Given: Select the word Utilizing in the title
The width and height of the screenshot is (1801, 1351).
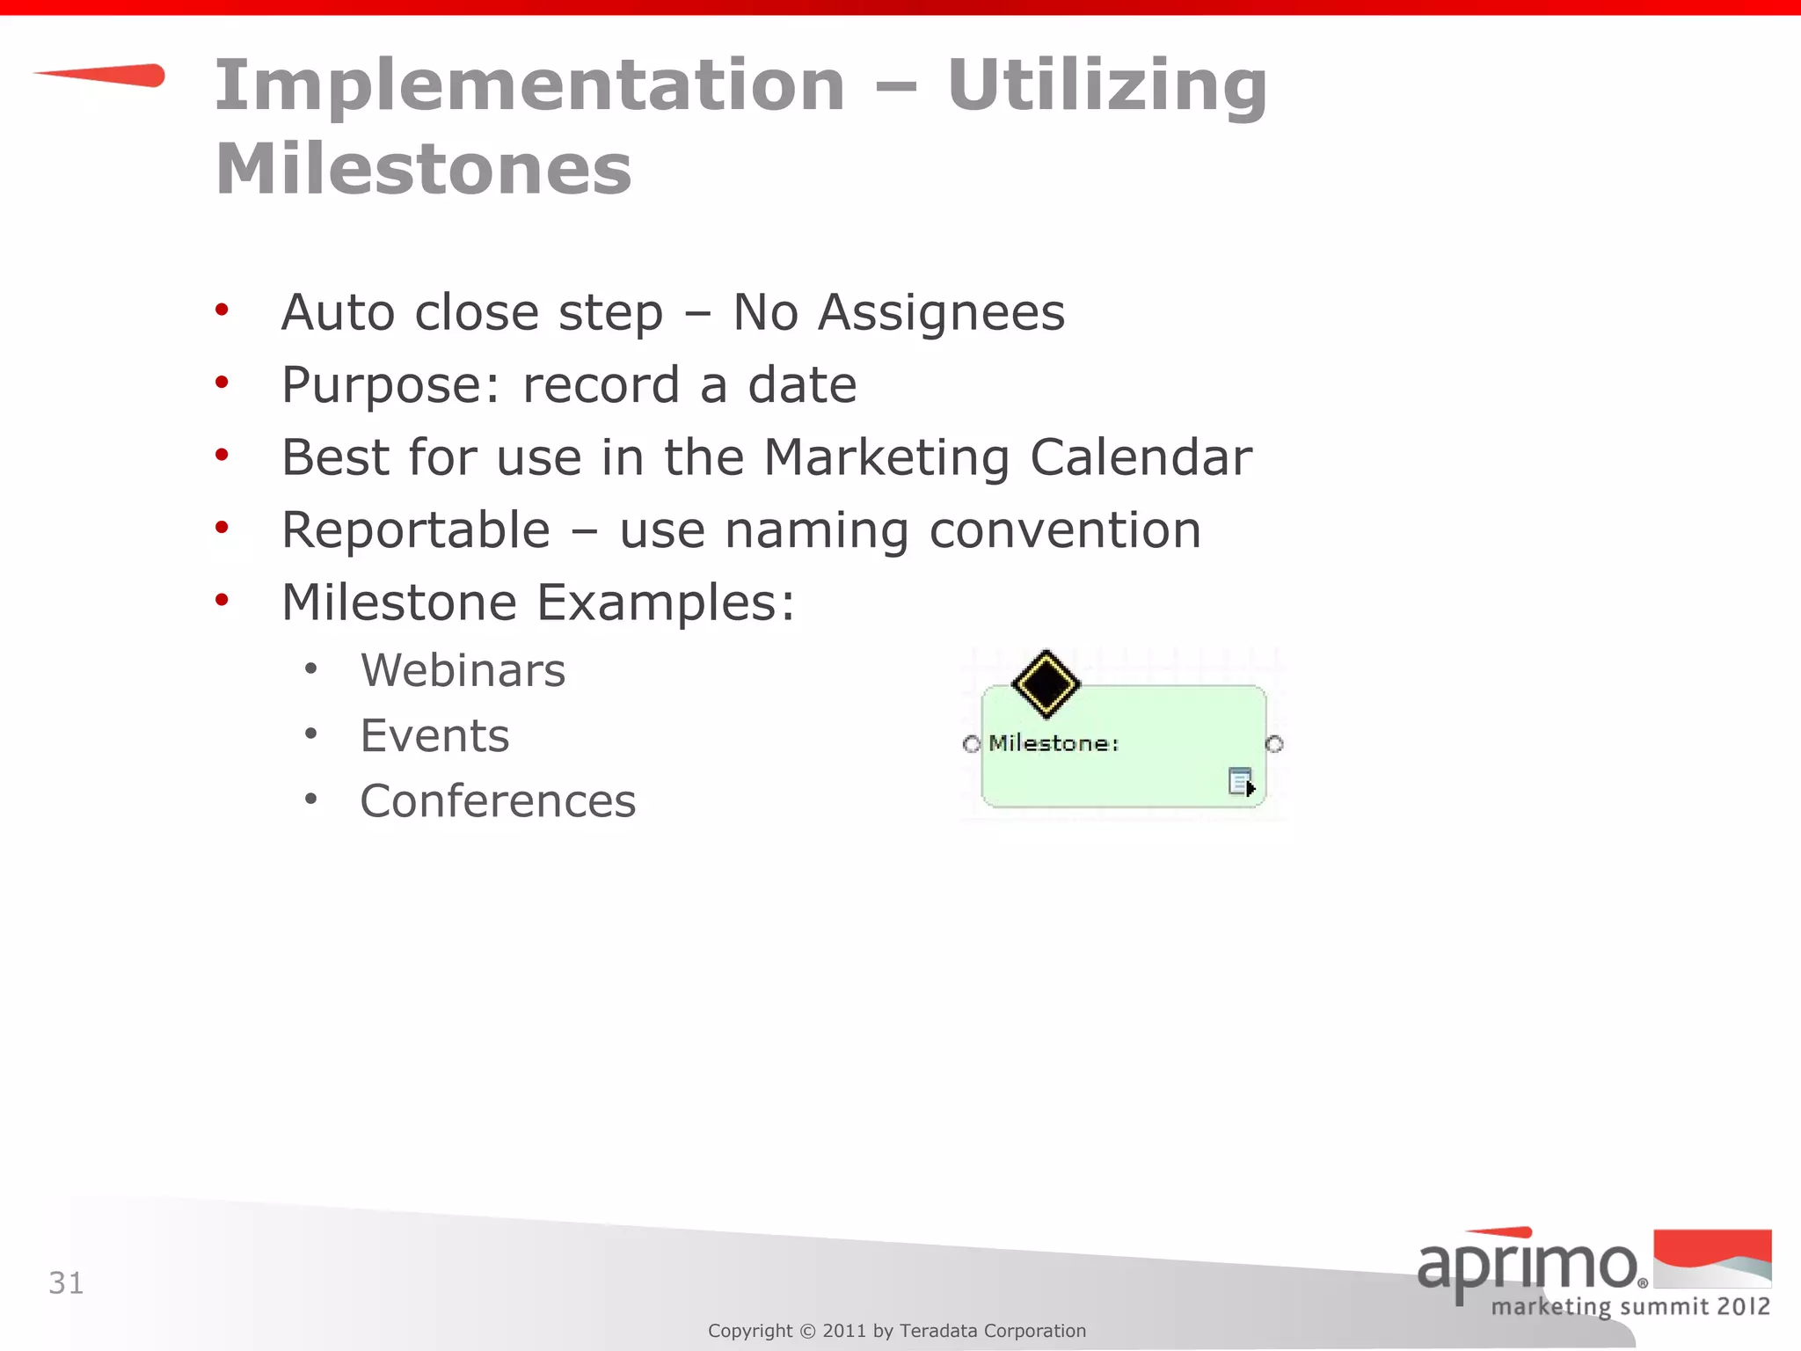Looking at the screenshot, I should tap(1106, 85).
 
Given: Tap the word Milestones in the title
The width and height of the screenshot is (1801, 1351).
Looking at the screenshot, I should tap(423, 169).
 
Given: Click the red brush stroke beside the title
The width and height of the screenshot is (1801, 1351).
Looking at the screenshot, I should tap(101, 76).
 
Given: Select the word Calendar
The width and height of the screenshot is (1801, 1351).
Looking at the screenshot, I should tap(1141, 457).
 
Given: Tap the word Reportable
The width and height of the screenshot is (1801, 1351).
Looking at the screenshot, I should tap(416, 530).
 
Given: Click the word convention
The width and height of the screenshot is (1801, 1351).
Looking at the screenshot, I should tap(1065, 530).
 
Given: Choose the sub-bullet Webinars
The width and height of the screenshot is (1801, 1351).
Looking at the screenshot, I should tap(463, 671).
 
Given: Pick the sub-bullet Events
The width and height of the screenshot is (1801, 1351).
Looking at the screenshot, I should tap(434, 736).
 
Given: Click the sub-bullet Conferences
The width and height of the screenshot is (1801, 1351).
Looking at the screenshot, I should tap(498, 801).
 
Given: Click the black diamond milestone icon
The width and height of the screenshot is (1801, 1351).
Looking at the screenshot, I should tap(1046, 683).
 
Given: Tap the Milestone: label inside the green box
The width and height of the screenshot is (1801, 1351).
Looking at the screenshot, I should tap(1054, 743).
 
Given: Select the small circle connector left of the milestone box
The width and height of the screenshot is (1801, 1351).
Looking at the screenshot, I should tap(971, 744).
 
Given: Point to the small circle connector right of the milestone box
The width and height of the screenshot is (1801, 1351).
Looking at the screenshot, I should tap(1274, 744).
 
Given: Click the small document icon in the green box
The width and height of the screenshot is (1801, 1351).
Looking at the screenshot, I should tap(1241, 781).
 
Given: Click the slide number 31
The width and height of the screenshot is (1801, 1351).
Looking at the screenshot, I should tap(66, 1283).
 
